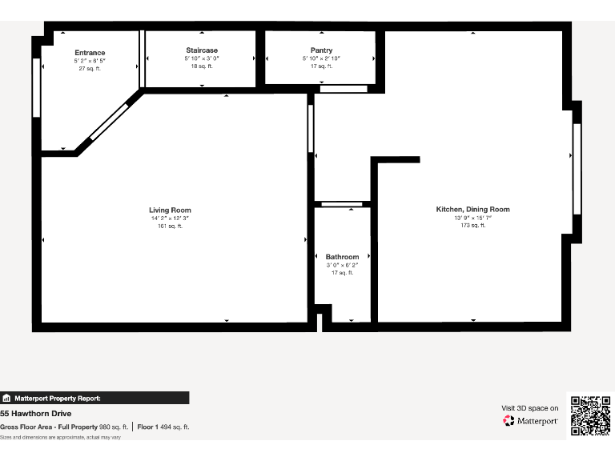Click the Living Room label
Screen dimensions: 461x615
[x=170, y=210]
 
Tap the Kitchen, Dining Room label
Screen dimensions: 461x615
[x=472, y=209]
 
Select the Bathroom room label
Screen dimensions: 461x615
[x=342, y=257]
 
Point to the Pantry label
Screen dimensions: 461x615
[x=321, y=50]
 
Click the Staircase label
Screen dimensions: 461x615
[x=201, y=50]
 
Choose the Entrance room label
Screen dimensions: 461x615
[x=90, y=53]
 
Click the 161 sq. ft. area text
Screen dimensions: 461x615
[x=170, y=226]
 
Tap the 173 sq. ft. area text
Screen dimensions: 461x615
[x=472, y=226]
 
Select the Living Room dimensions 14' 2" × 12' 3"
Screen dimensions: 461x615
[x=170, y=218]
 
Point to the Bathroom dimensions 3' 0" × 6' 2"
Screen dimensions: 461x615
[x=342, y=265]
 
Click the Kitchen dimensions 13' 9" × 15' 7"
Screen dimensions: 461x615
[x=472, y=218]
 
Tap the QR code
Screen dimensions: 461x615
[x=591, y=415]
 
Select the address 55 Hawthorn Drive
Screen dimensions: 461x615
[x=36, y=414]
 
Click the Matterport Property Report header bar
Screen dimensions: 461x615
[x=94, y=398]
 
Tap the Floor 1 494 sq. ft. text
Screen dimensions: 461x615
[x=163, y=427]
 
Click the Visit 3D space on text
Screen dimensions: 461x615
[x=529, y=408]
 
